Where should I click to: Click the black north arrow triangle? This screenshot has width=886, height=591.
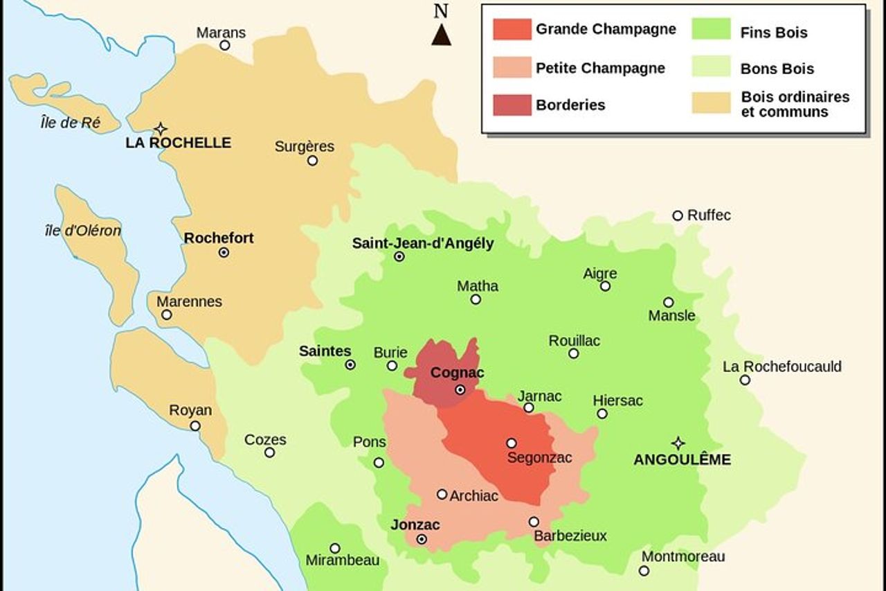click(442, 35)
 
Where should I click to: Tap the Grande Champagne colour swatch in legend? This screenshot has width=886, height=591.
click(512, 30)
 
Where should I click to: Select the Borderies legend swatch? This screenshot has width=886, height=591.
click(512, 105)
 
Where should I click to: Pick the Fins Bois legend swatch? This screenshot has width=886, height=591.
click(711, 31)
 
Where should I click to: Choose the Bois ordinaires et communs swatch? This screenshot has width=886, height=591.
click(711, 103)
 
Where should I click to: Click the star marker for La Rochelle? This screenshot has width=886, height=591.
click(161, 128)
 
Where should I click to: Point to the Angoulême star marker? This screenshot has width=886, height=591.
click(678, 443)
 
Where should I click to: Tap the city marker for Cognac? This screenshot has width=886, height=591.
click(460, 390)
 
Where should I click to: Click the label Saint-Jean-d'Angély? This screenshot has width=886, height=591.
click(423, 243)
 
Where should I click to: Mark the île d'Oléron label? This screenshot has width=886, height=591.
click(83, 231)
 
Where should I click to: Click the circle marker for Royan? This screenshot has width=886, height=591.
click(195, 426)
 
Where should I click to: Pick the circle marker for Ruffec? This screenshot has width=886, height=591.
click(678, 215)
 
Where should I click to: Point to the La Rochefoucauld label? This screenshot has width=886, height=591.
click(782, 367)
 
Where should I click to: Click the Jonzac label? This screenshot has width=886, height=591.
click(415, 524)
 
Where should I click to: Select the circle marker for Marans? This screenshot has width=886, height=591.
click(225, 46)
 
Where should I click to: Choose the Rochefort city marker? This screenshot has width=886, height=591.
click(224, 253)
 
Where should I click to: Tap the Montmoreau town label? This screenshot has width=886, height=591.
click(683, 556)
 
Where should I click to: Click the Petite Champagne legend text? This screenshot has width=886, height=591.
click(600, 68)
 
